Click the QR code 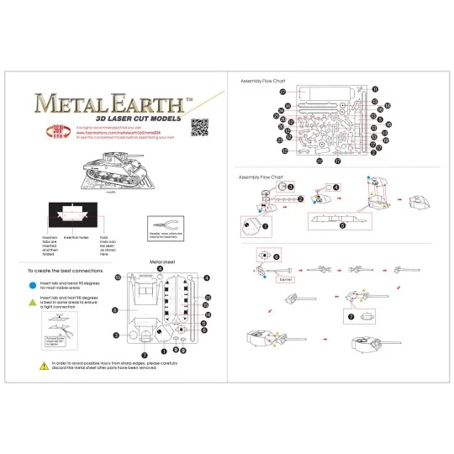(199, 128)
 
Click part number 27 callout (283, 92)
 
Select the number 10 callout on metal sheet (119, 277)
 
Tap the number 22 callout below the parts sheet (319, 159)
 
